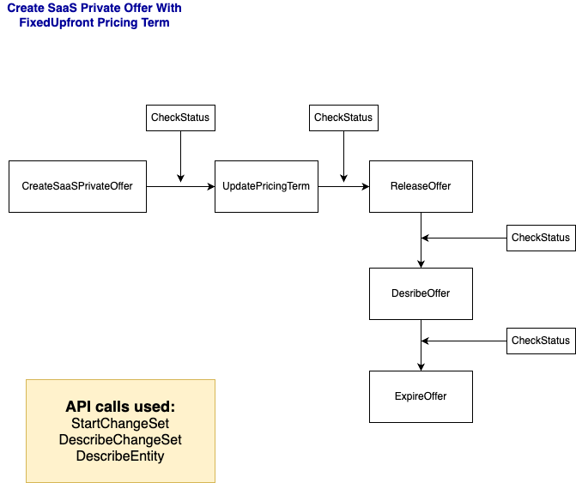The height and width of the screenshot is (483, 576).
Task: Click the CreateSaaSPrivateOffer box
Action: tap(77, 186)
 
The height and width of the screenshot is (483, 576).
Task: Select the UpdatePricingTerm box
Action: tap(266, 186)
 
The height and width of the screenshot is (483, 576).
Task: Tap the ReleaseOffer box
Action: tap(421, 186)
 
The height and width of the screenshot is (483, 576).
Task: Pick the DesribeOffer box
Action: tap(421, 293)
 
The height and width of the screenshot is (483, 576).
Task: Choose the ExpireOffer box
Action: tap(421, 396)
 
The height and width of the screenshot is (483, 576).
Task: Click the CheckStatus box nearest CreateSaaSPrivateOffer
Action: tap(180, 118)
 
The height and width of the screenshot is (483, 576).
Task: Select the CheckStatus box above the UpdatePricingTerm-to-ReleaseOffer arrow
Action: tap(343, 118)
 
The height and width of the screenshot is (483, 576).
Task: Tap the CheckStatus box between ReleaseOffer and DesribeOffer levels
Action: tap(541, 238)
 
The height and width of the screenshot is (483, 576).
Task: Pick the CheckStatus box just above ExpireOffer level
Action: tap(541, 341)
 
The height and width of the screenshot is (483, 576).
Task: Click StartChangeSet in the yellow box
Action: tap(120, 424)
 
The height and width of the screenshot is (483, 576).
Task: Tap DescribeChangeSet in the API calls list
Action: tap(120, 440)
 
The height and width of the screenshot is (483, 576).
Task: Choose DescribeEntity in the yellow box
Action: tap(120, 456)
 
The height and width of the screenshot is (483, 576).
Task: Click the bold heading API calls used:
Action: tap(120, 407)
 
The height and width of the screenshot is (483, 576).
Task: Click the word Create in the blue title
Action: tap(26, 8)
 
